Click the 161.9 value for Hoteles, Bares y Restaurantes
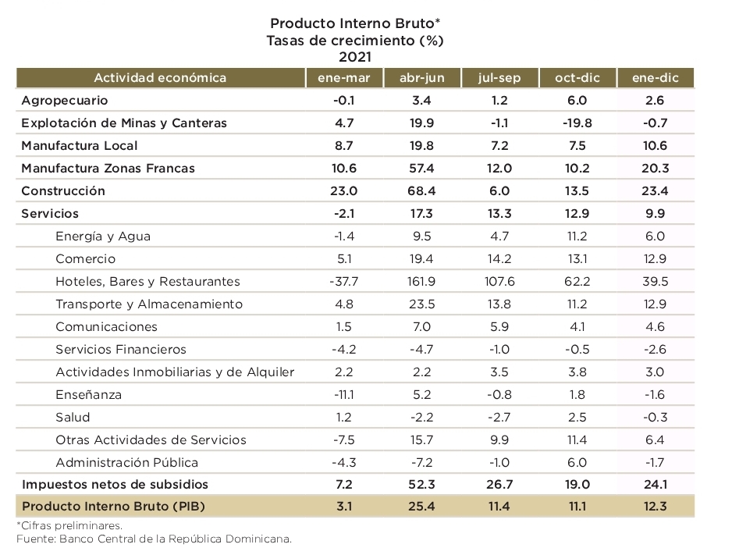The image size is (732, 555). pyautogui.click(x=421, y=281)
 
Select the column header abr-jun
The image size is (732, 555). pyautogui.click(x=421, y=77)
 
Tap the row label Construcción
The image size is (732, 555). pyautogui.click(x=63, y=190)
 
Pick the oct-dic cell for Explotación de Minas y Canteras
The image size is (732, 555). pyautogui.click(x=577, y=123)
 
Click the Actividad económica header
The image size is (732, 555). pyautogui.click(x=160, y=77)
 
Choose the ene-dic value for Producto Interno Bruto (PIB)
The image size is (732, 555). pyautogui.click(x=655, y=506)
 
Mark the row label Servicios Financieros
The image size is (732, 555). pyautogui.click(x=121, y=349)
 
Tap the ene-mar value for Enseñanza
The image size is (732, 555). pyautogui.click(x=343, y=394)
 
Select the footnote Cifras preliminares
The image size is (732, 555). pyautogui.click(x=69, y=525)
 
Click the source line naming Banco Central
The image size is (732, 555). pyautogui.click(x=154, y=539)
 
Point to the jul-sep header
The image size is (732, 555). pyautogui.click(x=499, y=77)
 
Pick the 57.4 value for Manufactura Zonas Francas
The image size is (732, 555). pyautogui.click(x=421, y=168)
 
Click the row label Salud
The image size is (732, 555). pyautogui.click(x=73, y=417)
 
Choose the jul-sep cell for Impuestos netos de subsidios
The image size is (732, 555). pyautogui.click(x=499, y=484)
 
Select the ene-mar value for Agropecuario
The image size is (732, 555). pyautogui.click(x=343, y=100)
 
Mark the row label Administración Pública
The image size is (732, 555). pyautogui.click(x=127, y=462)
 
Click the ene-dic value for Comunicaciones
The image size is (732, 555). pyautogui.click(x=655, y=326)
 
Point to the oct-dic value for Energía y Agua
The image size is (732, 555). pyautogui.click(x=577, y=236)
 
